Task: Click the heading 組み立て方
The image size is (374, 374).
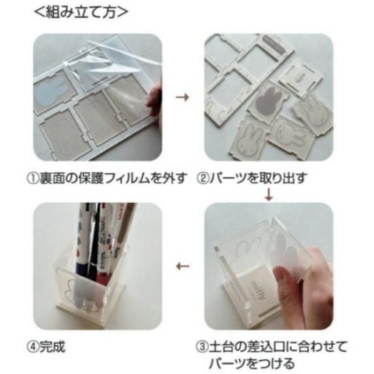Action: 81,12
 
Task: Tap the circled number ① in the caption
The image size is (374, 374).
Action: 33,179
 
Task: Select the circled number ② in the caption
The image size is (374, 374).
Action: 202,179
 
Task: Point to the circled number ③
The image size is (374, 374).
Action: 202,347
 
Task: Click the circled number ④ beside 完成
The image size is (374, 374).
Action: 33,347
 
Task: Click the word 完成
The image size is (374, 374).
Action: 52,347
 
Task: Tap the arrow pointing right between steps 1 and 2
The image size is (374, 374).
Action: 182,97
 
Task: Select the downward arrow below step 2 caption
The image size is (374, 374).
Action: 269,194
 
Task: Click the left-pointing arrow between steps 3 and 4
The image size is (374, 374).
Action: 183,266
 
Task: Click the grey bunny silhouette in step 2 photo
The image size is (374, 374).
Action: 269,101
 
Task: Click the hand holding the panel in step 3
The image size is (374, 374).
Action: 303,286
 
